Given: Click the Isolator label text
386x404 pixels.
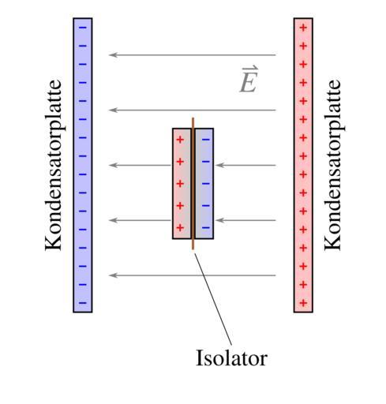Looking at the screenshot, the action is point(231,357).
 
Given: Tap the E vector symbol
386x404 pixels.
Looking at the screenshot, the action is point(249,80).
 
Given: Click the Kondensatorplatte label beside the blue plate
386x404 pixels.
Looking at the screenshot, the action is point(54,165).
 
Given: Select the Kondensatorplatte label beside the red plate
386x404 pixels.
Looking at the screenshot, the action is point(333,165).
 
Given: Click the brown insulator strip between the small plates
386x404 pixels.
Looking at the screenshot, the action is point(193,183).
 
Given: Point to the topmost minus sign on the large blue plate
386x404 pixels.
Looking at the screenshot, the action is point(83,28).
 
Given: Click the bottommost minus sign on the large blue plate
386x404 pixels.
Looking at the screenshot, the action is point(83,303).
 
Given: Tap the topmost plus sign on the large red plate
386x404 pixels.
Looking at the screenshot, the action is point(303,28).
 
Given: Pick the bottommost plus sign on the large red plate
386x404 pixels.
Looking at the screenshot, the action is point(303,303).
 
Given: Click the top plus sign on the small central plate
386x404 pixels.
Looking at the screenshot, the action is point(180,140).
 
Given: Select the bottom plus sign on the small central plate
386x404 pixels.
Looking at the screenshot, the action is point(180,227).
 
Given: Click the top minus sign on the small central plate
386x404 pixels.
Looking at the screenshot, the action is point(206,140).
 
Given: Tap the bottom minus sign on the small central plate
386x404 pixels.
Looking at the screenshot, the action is point(206,227).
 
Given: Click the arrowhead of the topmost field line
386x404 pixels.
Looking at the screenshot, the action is point(113,54).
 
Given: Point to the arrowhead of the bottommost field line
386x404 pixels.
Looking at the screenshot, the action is point(113,275).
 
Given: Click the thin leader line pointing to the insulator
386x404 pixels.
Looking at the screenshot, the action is point(213,299).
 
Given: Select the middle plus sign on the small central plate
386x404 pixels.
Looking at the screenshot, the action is point(180,183).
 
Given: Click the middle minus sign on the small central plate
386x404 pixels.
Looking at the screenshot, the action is point(206,183).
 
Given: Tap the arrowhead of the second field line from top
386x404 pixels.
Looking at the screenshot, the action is point(113,110).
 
